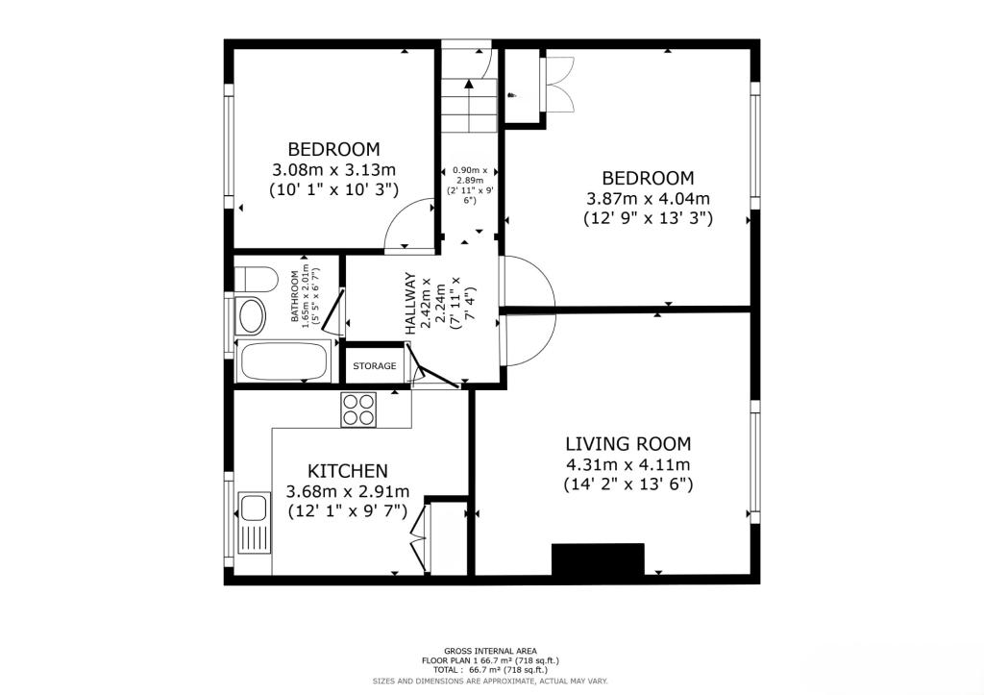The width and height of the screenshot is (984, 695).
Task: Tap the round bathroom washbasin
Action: (x=252, y=316)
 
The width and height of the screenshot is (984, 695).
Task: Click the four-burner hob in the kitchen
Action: (x=359, y=410)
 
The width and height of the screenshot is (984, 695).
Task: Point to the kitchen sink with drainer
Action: (x=254, y=523)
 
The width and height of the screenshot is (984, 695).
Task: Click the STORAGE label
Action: (x=374, y=366)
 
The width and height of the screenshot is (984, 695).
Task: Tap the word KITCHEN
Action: (x=347, y=471)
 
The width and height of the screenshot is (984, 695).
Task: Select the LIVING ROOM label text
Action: (x=627, y=444)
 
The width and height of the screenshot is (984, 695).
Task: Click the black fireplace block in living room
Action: (x=597, y=560)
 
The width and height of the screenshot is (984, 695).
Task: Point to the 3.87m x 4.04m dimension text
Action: (x=648, y=199)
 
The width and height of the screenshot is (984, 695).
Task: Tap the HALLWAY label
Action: (x=411, y=304)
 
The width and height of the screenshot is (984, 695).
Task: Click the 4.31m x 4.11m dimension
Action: (x=627, y=464)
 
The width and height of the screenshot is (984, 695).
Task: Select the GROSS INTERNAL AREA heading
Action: (x=490, y=651)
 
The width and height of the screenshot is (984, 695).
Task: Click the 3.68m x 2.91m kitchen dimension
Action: (x=348, y=492)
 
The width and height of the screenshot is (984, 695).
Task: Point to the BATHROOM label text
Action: (x=297, y=296)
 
